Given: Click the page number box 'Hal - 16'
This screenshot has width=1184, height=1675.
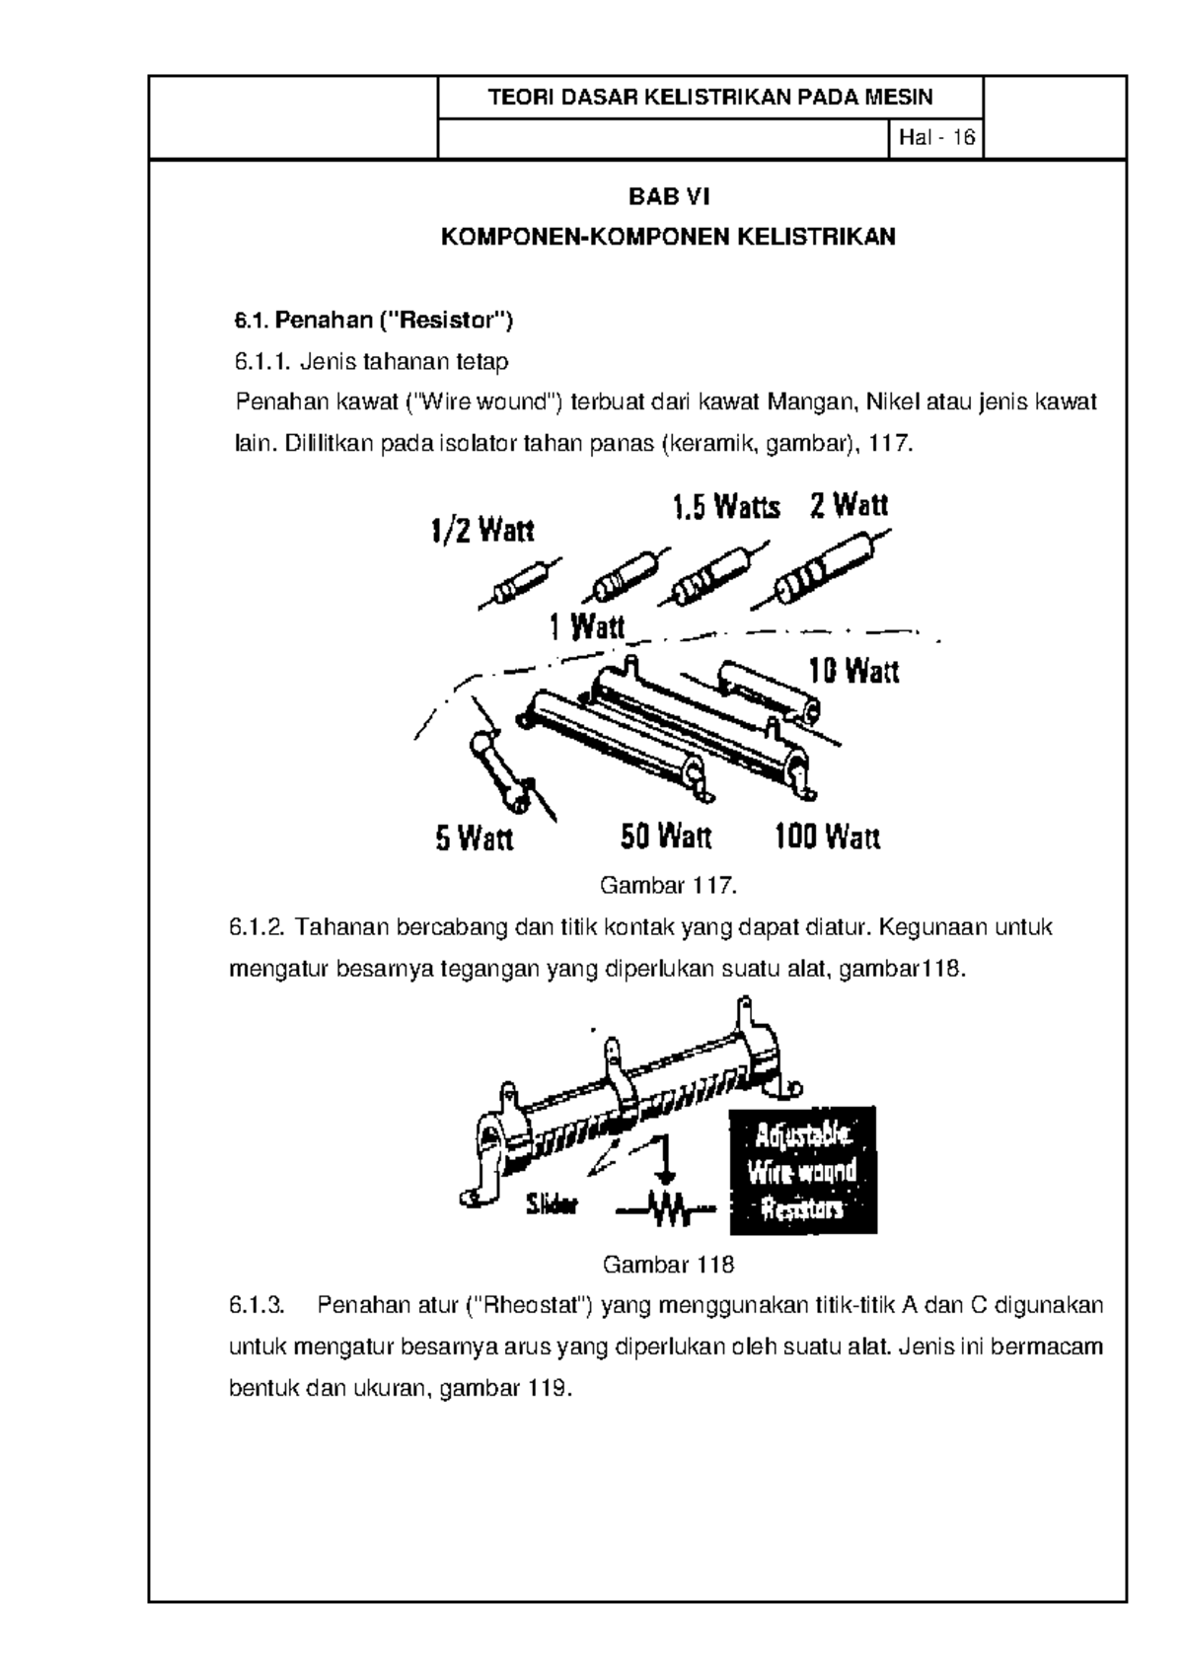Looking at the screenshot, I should (x=935, y=138).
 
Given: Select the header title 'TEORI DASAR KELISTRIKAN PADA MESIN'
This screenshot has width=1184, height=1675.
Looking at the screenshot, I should (x=710, y=97).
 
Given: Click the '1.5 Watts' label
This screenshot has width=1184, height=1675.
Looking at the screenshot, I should (x=726, y=508).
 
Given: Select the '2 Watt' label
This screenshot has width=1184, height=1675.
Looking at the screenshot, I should (x=849, y=506).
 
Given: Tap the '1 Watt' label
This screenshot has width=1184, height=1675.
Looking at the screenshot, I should (x=587, y=626).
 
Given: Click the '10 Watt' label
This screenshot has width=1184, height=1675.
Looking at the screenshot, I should (x=853, y=672).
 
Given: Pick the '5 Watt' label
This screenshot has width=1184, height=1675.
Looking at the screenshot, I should (x=475, y=839).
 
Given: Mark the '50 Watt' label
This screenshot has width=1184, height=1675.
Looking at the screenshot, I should (x=666, y=837).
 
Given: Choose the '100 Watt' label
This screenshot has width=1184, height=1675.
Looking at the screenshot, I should (x=827, y=838).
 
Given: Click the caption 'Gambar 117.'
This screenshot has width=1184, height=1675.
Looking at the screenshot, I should (x=668, y=885).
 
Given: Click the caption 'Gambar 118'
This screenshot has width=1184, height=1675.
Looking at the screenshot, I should (x=668, y=1265).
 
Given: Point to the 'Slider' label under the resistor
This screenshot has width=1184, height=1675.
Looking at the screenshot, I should (x=552, y=1205).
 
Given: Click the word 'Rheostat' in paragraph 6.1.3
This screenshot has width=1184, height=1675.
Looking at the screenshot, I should (x=531, y=1306).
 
